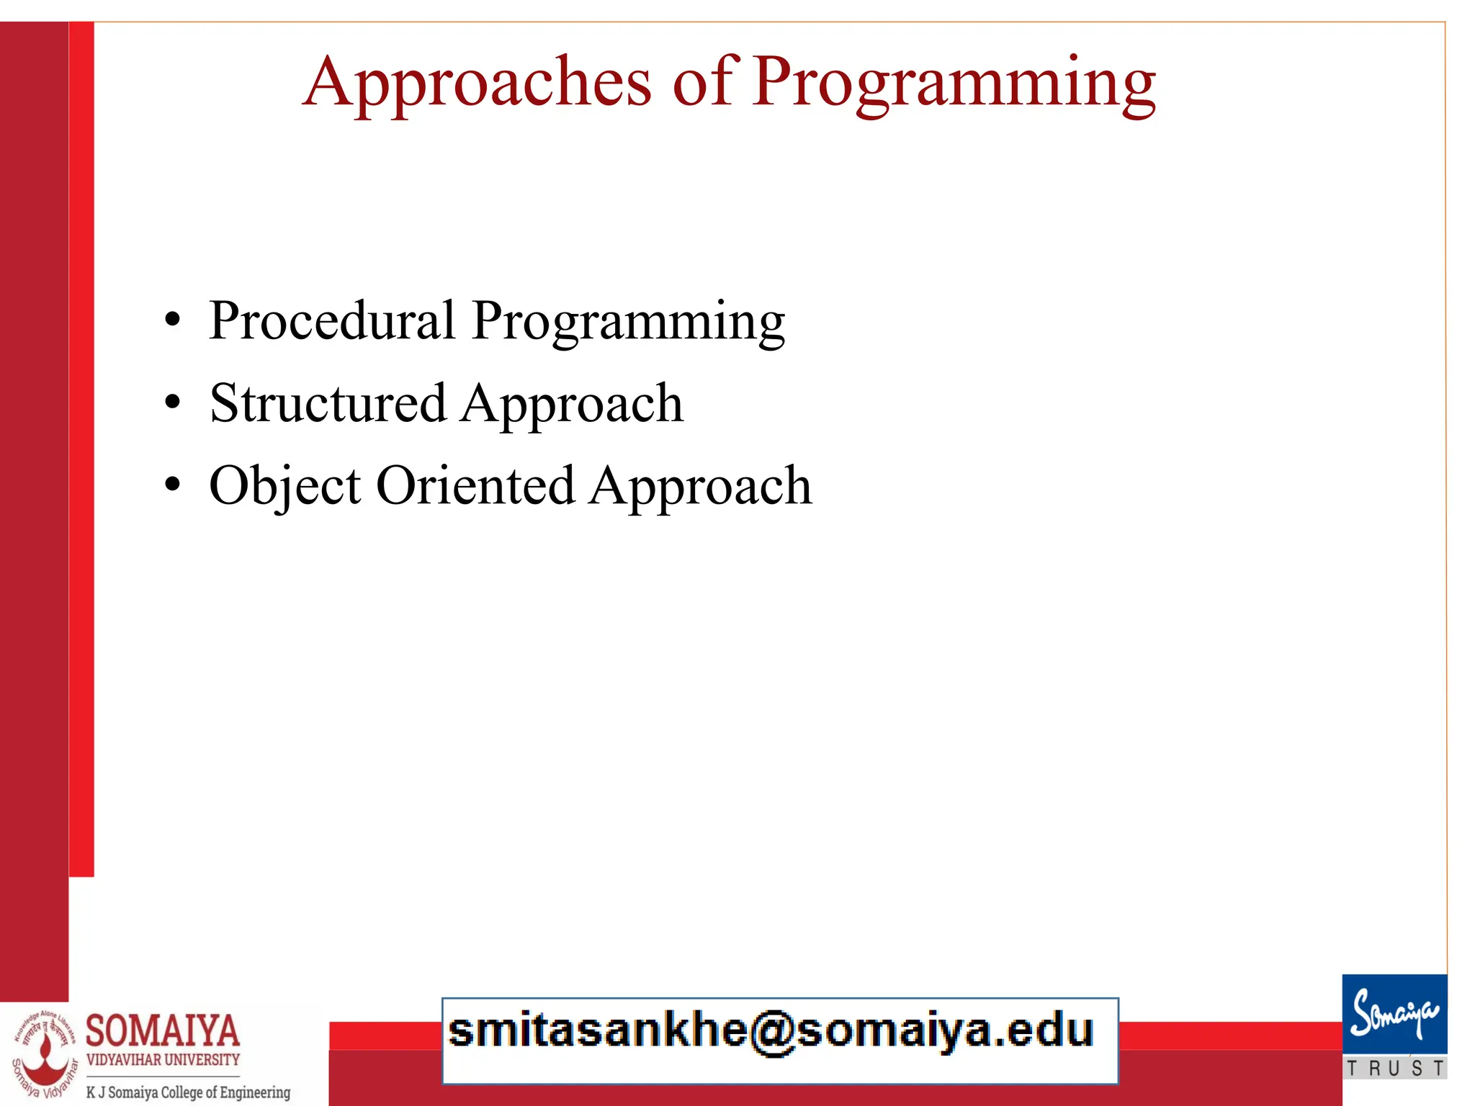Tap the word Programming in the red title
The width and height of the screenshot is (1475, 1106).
coord(954,83)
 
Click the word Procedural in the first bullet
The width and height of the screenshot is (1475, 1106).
coord(332,320)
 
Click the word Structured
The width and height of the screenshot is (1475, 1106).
coord(328,403)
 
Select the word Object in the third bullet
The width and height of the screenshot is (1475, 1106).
coord(284,486)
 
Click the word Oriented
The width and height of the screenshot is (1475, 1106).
coord(475,485)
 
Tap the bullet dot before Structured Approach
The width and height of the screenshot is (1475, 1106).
coord(172,403)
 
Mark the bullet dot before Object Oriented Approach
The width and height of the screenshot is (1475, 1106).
coord(172,485)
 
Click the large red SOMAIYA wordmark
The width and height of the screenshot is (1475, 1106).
coord(163,1030)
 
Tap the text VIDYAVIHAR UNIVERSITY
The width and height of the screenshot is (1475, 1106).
coord(163,1060)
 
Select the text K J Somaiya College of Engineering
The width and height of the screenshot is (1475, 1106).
coord(188,1092)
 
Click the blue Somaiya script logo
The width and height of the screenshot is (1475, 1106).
coord(1394,1015)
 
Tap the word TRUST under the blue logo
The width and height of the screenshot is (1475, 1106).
coord(1395,1068)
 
